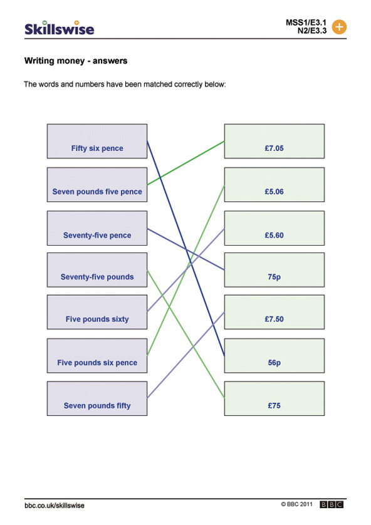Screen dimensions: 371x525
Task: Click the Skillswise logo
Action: pyautogui.click(x=60, y=28)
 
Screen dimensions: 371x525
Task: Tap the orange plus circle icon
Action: pyautogui.click(x=339, y=27)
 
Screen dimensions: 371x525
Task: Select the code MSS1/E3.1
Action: pyautogui.click(x=306, y=23)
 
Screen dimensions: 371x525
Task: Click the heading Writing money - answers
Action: pyautogui.click(x=76, y=61)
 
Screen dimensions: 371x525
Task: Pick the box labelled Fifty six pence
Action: pyautogui.click(x=97, y=142)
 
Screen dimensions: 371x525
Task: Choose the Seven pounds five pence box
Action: pyautogui.click(x=97, y=185)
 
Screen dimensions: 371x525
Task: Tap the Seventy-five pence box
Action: pyautogui.click(x=97, y=228)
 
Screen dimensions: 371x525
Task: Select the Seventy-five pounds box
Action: pyautogui.click(x=97, y=270)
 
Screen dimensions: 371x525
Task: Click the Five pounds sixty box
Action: pyautogui.click(x=97, y=312)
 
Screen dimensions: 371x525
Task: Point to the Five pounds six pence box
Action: pyautogui.click(x=97, y=356)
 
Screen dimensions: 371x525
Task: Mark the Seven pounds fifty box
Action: pyautogui.click(x=97, y=398)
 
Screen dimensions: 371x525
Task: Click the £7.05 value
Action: pyautogui.click(x=274, y=148)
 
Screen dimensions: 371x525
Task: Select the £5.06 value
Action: pyautogui.click(x=274, y=192)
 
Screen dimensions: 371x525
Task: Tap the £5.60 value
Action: pyautogui.click(x=274, y=235)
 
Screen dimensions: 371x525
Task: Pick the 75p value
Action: pyautogui.click(x=274, y=277)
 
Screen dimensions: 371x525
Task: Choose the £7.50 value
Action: pyautogui.click(x=274, y=319)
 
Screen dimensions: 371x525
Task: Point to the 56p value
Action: pyautogui.click(x=274, y=363)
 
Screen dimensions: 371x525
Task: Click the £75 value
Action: pyautogui.click(x=274, y=405)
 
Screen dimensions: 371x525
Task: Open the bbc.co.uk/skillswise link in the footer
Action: pyautogui.click(x=55, y=506)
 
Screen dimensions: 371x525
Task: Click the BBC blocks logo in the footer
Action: pyautogui.click(x=332, y=504)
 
